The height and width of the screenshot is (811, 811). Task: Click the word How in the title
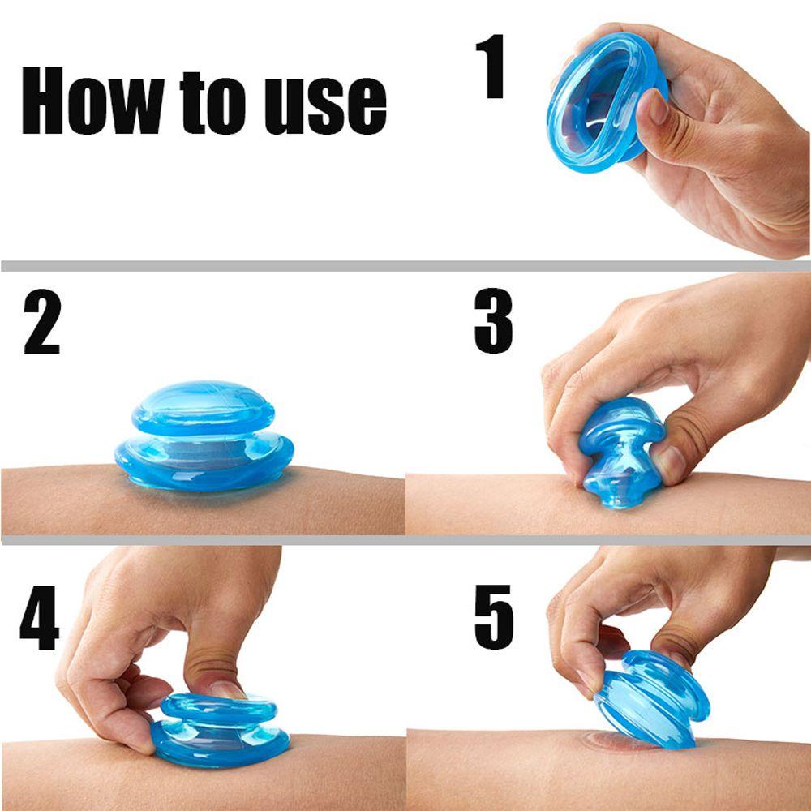tap(93, 100)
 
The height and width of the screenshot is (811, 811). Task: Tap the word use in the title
tap(325, 105)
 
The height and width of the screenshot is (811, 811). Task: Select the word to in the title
tap(212, 103)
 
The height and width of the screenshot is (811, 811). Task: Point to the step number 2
tap(42, 321)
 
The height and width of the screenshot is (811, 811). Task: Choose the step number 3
tap(493, 320)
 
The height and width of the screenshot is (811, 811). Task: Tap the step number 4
tap(39, 617)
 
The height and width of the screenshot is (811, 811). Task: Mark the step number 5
tap(494, 617)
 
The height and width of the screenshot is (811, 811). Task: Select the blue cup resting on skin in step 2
tap(204, 437)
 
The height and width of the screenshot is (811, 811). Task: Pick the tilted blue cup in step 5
tap(653, 698)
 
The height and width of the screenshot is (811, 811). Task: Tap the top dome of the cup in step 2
tap(204, 408)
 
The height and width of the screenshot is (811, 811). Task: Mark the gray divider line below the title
tap(405, 266)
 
